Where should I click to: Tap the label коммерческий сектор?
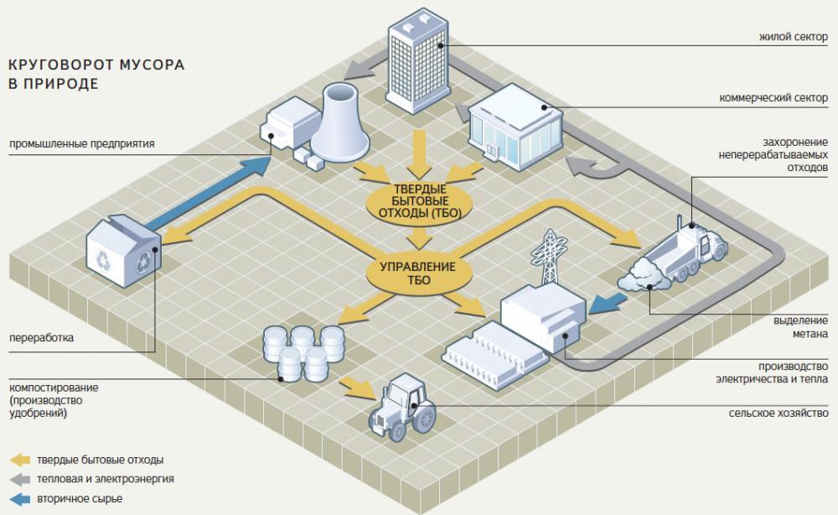pyautogui.click(x=773, y=97)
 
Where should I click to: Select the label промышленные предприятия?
pyautogui.click(x=82, y=143)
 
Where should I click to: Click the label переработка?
pyautogui.click(x=41, y=339)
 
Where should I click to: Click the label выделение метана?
pyautogui.click(x=799, y=326)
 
